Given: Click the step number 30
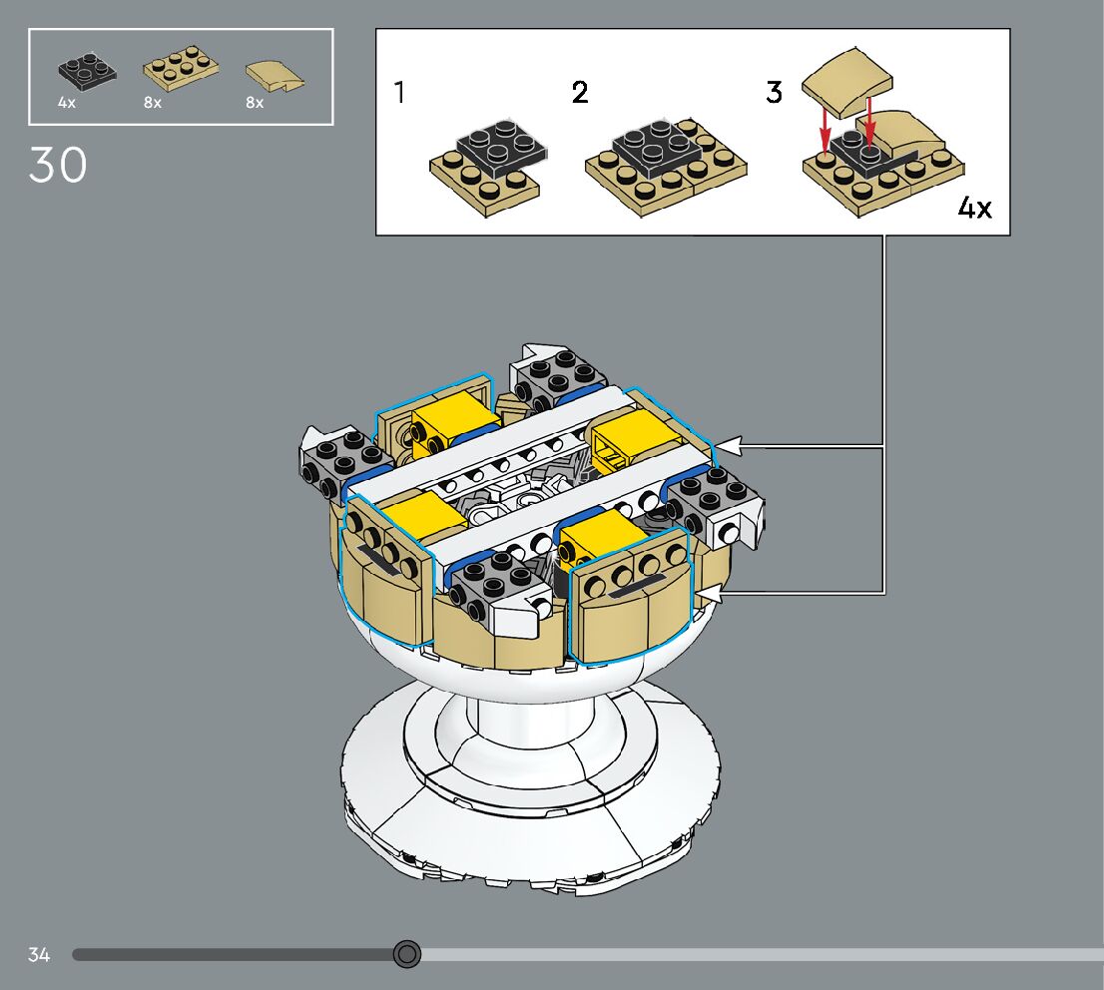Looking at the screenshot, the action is tap(58, 165).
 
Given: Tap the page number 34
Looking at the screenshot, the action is tap(39, 955).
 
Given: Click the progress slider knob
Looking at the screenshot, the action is tap(406, 954).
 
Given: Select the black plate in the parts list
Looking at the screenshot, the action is tap(87, 72).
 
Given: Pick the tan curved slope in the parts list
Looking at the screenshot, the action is tap(275, 77).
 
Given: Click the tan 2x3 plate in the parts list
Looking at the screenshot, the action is tap(181, 68).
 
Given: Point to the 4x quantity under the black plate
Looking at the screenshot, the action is tap(67, 103).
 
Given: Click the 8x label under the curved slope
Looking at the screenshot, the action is tap(255, 103).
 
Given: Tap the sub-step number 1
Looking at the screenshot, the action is tap(400, 92).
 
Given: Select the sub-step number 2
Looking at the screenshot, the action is tap(580, 92).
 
